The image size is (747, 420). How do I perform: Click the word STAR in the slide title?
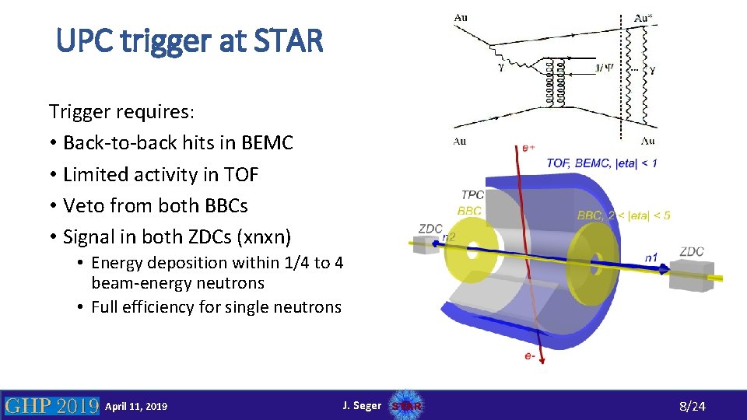point(283,40)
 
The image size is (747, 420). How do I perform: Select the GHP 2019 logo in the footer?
point(51,405)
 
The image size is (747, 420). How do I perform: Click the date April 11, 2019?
point(136,406)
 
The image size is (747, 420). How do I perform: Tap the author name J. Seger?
point(362,405)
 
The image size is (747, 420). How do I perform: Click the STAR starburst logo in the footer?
point(405,406)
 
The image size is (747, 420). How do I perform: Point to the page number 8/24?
point(692,406)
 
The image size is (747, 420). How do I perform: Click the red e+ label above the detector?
point(529,147)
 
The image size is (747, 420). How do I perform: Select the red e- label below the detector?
point(530,356)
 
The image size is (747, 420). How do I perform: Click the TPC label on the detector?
point(472,195)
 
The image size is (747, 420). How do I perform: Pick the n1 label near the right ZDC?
point(651,257)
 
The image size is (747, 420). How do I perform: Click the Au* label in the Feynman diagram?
point(644,17)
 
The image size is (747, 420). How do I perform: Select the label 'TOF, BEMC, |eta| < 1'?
point(601,163)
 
